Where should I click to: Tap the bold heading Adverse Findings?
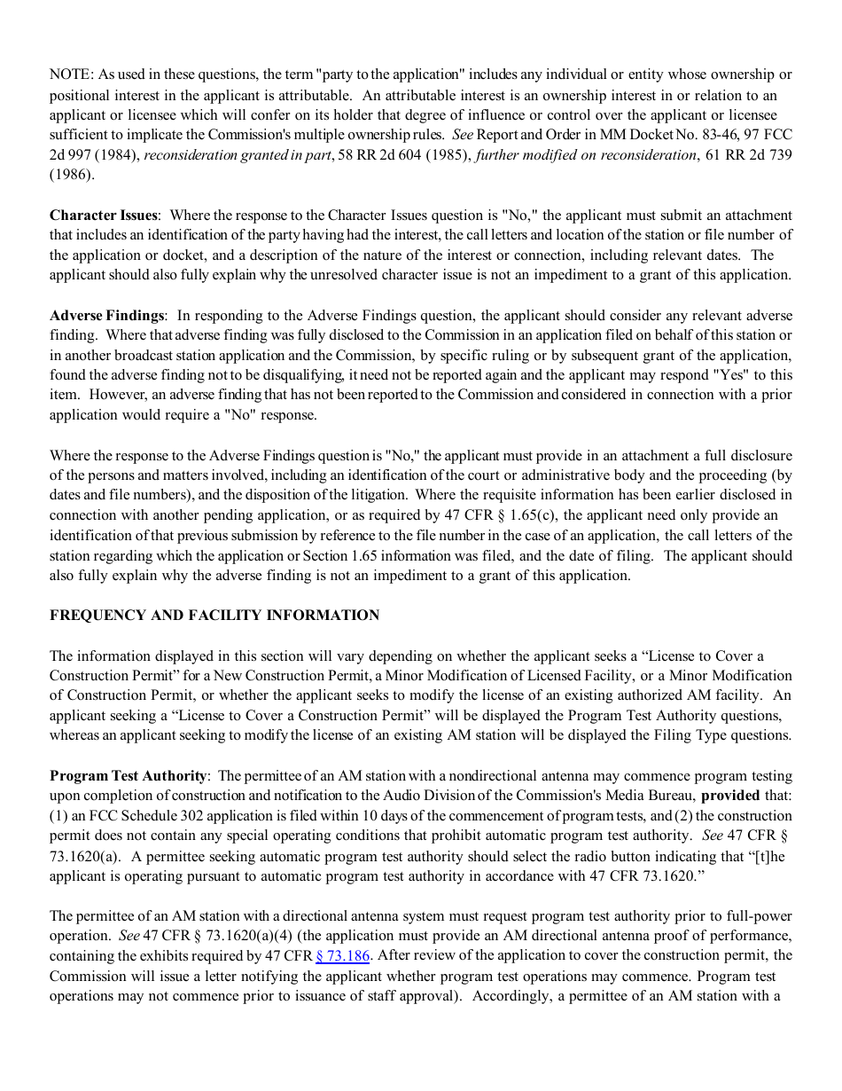106,316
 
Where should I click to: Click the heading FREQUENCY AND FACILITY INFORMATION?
214,616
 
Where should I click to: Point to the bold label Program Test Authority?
129,776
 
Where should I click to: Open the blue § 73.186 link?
342,956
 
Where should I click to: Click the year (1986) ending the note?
72,175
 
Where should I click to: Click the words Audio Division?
424,796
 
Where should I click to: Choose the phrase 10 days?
397,816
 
